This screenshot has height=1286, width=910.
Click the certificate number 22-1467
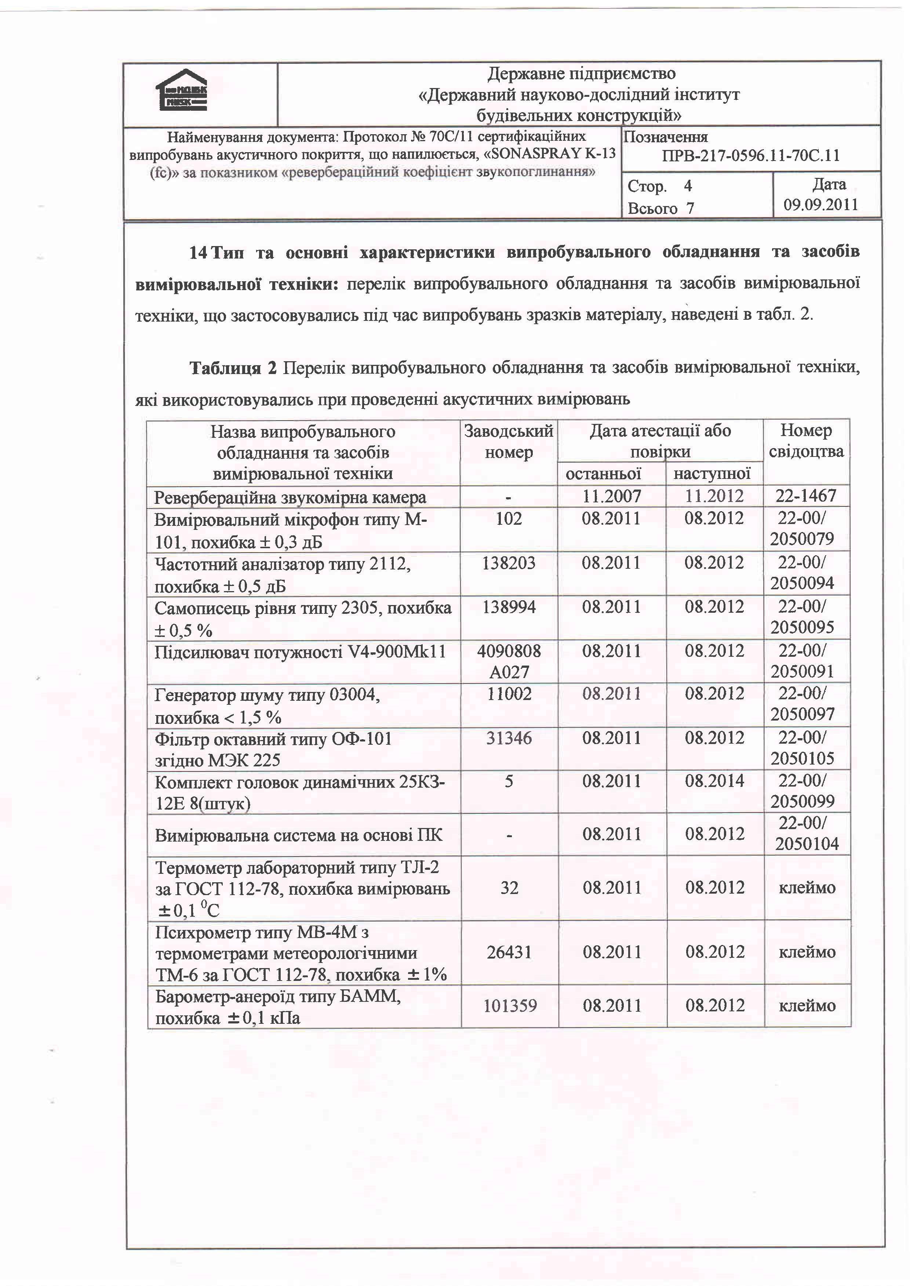click(806, 496)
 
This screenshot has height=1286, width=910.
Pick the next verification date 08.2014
click(714, 781)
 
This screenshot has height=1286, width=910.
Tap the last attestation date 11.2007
click(611, 496)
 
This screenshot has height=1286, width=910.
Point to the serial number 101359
click(510, 1005)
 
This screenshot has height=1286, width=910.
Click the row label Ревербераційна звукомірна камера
click(290, 497)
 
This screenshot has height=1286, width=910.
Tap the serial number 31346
click(509, 738)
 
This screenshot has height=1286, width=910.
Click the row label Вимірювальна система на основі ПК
click(298, 835)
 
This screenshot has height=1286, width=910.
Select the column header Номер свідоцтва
click(806, 441)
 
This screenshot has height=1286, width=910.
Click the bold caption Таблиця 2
click(233, 368)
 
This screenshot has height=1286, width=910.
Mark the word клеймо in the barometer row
click(807, 1005)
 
